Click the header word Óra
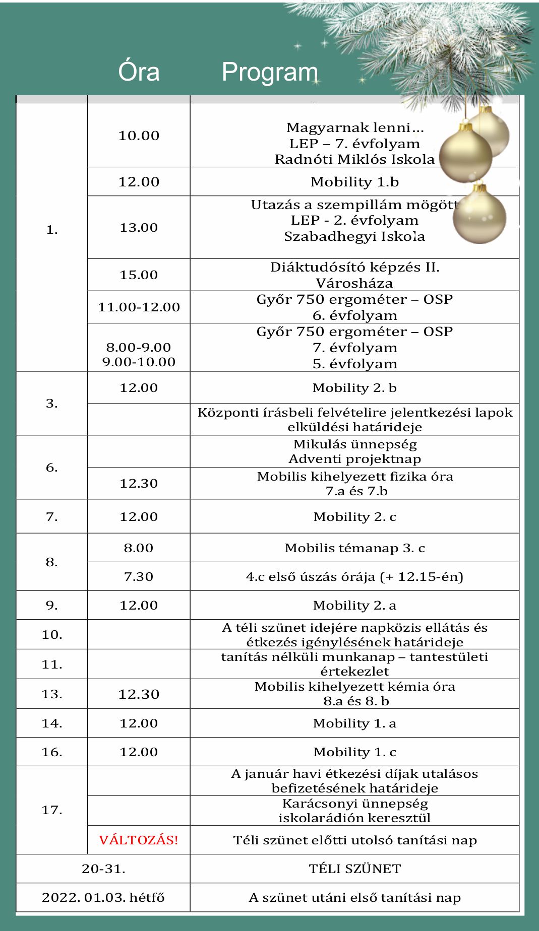click(139, 72)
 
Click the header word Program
click(270, 73)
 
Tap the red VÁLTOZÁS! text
click(139, 840)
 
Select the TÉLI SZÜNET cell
click(354, 869)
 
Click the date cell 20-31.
click(103, 869)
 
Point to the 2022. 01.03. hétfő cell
click(103, 897)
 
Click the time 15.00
click(139, 275)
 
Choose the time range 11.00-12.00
click(139, 307)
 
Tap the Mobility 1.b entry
click(354, 181)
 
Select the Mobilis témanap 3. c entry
click(354, 548)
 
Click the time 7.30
click(139, 576)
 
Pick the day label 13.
click(52, 694)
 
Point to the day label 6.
click(52, 467)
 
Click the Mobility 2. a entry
click(354, 605)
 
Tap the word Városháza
click(354, 283)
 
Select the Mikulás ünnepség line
click(354, 444)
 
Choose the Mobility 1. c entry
click(354, 752)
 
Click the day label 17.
click(52, 810)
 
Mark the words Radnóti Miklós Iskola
click(354, 159)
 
